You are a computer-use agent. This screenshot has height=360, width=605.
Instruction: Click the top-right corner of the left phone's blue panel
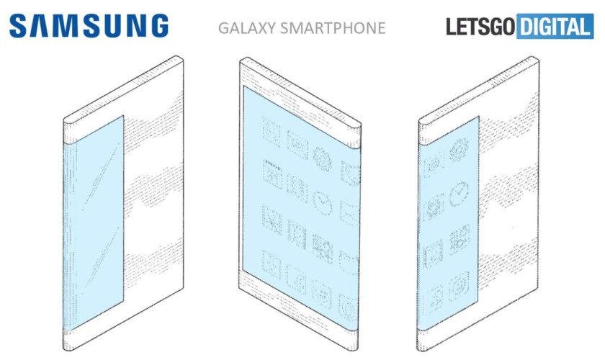123,115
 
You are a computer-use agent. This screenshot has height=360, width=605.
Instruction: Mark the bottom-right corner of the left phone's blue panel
123,300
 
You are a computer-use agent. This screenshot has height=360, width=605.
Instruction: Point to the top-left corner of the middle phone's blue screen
243,86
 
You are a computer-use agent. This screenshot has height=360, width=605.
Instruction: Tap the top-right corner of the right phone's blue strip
479,116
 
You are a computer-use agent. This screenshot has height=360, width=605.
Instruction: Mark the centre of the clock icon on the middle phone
323,202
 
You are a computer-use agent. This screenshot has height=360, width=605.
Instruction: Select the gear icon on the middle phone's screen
323,158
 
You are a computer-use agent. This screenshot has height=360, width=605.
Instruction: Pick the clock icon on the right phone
460,194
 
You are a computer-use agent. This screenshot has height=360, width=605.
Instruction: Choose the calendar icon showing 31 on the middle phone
272,174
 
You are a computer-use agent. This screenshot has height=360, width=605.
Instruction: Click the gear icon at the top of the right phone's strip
460,150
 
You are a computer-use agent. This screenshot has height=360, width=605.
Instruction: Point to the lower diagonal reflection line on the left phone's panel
99,257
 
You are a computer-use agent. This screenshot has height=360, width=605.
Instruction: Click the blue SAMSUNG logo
89,26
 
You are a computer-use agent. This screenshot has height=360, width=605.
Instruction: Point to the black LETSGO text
480,26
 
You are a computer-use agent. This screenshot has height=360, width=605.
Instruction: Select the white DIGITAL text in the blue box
555,26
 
